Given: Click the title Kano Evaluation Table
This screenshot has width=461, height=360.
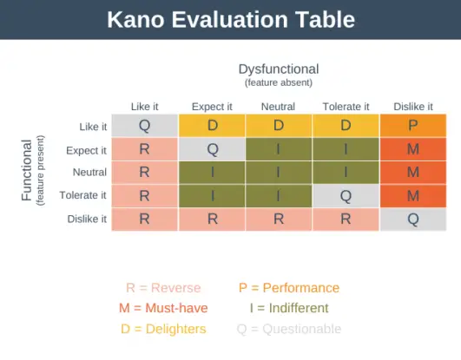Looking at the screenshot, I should pyautogui.click(x=230, y=20).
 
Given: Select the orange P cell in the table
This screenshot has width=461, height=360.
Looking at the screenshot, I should pyautogui.click(x=412, y=125).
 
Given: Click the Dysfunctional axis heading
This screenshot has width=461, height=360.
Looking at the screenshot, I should pyautogui.click(x=278, y=69).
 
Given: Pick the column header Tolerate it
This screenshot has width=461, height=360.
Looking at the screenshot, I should pyautogui.click(x=346, y=106).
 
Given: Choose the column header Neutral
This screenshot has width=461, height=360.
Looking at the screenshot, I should pyautogui.click(x=278, y=106).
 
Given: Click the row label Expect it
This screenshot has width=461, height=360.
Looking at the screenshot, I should pyautogui.click(x=86, y=150).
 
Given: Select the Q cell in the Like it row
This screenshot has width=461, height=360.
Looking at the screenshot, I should pyautogui.click(x=145, y=125).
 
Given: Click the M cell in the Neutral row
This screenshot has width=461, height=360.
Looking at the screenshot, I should pyautogui.click(x=412, y=172).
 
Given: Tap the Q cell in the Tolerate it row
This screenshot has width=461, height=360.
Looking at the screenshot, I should pyautogui.click(x=346, y=195).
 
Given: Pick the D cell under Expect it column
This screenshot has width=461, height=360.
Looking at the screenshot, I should pyautogui.click(x=212, y=125).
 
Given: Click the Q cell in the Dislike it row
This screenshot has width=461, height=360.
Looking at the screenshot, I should pyautogui.click(x=412, y=219).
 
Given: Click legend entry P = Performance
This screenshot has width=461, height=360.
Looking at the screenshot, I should pyautogui.click(x=288, y=288).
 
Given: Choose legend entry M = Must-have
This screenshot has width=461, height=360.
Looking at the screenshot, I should pyautogui.click(x=162, y=308).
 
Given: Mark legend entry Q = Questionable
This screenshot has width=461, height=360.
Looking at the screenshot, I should pyautogui.click(x=288, y=329).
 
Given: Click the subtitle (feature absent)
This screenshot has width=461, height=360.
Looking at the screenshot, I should pyautogui.click(x=278, y=82).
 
